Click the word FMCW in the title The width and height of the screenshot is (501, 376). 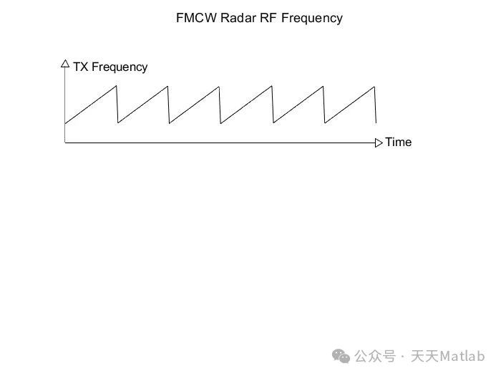pyautogui.click(x=194, y=18)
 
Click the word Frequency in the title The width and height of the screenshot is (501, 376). pyautogui.click(x=311, y=18)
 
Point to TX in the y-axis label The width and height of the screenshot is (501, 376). pyautogui.click(x=80, y=67)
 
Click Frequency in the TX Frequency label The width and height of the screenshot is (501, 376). pyautogui.click(x=120, y=67)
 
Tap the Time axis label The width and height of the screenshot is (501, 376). pyautogui.click(x=399, y=142)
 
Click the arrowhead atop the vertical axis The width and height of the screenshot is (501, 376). pyautogui.click(x=65, y=63)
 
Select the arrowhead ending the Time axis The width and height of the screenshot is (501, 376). pyautogui.click(x=379, y=143)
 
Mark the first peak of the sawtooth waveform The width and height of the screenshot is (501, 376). pyautogui.click(x=117, y=87)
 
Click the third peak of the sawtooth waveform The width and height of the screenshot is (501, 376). pyautogui.click(x=220, y=87)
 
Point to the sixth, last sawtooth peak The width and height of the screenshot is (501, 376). pyautogui.click(x=374, y=87)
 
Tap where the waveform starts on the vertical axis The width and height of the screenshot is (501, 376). pyautogui.click(x=65, y=123)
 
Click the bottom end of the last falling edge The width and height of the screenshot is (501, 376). pyautogui.click(x=375, y=123)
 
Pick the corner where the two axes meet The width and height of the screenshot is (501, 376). pyautogui.click(x=65, y=143)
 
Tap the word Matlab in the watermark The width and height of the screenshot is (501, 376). pyautogui.click(x=462, y=356)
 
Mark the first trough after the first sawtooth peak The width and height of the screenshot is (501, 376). pyautogui.click(x=117, y=123)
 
